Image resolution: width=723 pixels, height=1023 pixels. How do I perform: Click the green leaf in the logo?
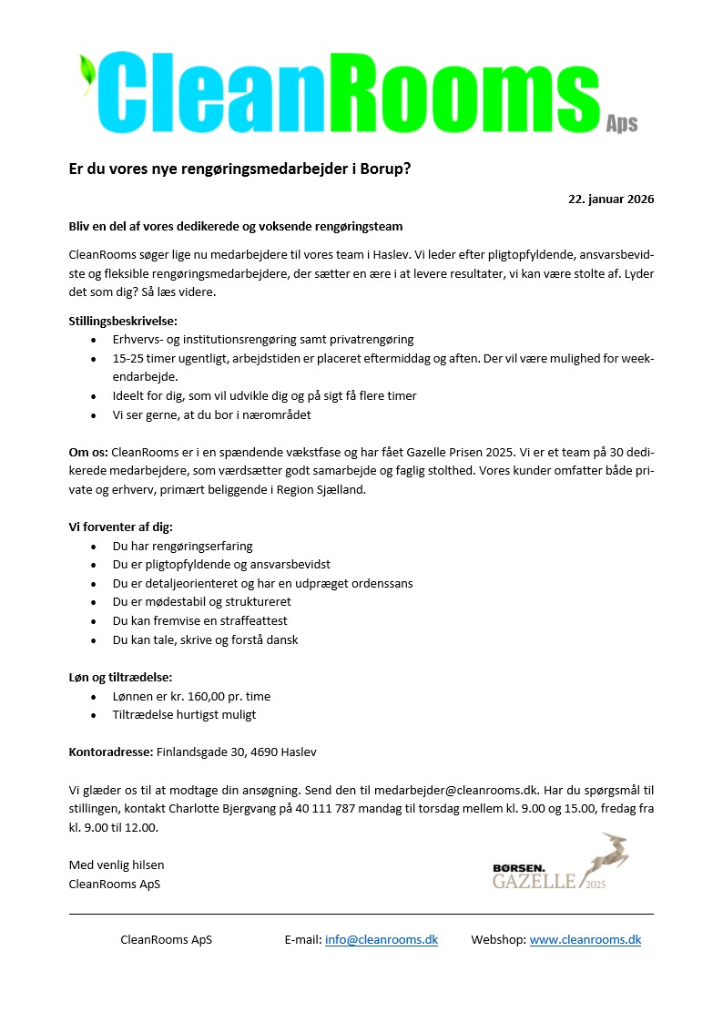tap(87, 73)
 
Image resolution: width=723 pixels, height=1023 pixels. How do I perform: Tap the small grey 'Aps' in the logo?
tap(622, 124)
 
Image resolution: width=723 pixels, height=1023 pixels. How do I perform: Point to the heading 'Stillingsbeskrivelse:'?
tap(123, 321)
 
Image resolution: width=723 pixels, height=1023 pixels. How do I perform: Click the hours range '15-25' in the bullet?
tap(128, 358)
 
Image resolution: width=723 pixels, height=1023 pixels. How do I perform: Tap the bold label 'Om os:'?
tap(88, 452)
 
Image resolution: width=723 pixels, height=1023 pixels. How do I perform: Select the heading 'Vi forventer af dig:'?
tap(121, 527)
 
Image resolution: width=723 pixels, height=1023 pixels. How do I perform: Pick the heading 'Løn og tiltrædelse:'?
tap(120, 677)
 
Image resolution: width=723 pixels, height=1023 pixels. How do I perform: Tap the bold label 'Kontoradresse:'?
tap(111, 752)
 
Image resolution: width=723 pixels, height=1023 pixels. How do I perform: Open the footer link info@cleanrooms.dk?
tap(382, 939)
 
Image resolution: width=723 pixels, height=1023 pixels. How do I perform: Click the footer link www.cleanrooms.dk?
tap(585, 939)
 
